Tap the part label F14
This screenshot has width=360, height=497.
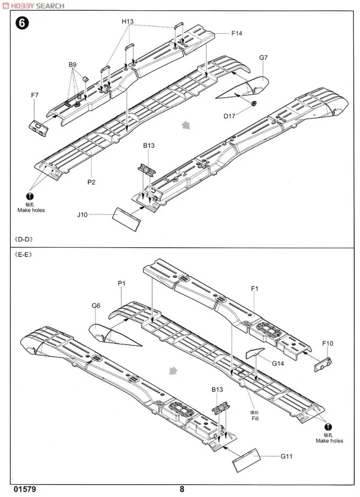coord(236,34)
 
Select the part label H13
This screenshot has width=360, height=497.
coord(127,21)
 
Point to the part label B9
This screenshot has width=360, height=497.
coord(73,65)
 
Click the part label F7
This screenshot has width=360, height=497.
coord(34,96)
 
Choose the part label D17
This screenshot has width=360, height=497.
coord(229,115)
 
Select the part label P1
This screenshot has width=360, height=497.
coord(121,283)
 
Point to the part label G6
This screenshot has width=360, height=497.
coord(96,305)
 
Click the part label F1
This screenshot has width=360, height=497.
coord(254,289)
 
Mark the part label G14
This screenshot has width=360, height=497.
coord(277,364)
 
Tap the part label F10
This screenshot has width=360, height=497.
coord(327,343)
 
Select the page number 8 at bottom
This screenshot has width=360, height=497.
coord(182,489)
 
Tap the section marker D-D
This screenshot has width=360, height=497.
coord(24,239)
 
